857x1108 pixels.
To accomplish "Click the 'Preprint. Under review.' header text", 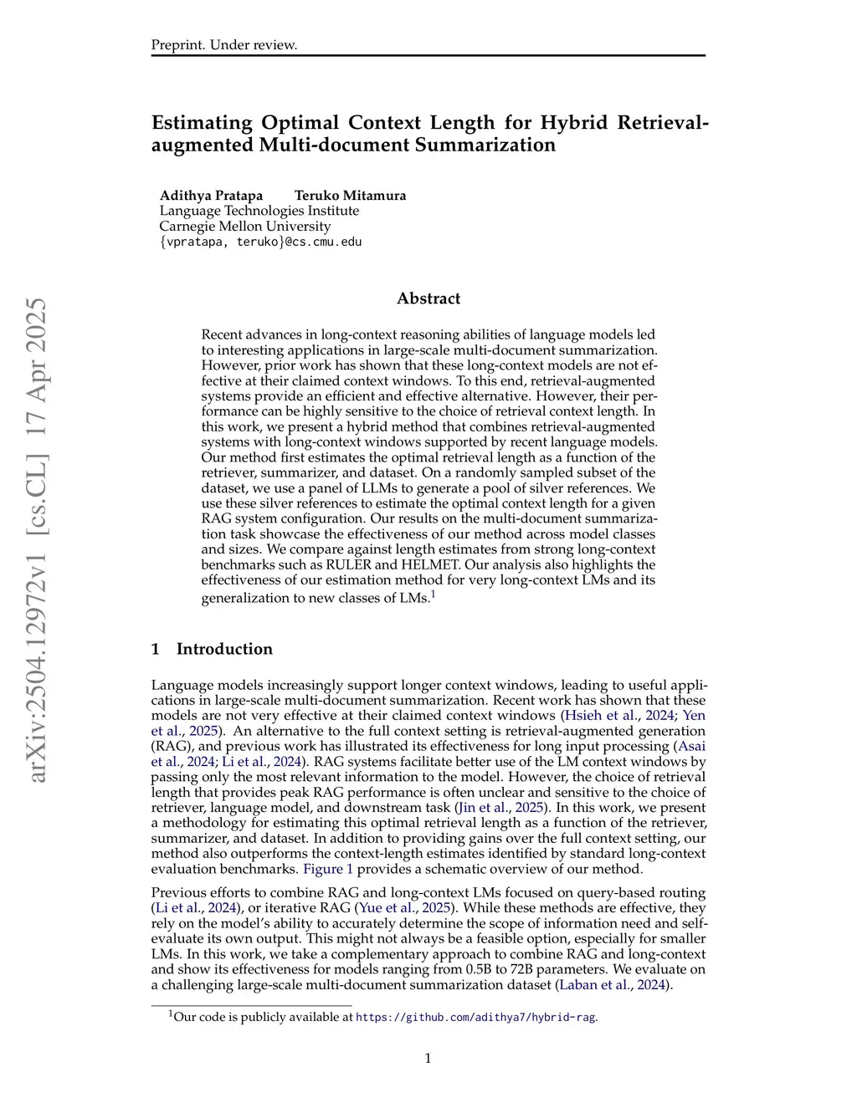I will [224, 45].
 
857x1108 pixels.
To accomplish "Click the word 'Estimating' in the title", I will [202, 123].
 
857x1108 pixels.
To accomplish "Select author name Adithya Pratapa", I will [211, 196].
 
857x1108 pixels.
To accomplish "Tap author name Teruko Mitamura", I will [350, 196].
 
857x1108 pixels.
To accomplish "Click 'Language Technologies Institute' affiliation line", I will [259, 211].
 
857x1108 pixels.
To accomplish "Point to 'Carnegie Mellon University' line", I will [245, 227].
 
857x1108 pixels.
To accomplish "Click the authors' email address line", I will [260, 242].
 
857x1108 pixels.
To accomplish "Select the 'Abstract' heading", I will [428, 299].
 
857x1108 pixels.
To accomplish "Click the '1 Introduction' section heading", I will [212, 649].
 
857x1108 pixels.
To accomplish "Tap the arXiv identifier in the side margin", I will [37, 540].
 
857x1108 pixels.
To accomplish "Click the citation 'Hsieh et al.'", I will [600, 716].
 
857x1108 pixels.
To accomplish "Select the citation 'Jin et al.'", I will [483, 808].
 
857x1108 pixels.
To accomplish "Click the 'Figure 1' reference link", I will [328, 869].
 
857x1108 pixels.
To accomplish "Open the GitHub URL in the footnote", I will [476, 1018].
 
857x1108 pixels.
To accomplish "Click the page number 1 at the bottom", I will [428, 1059].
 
